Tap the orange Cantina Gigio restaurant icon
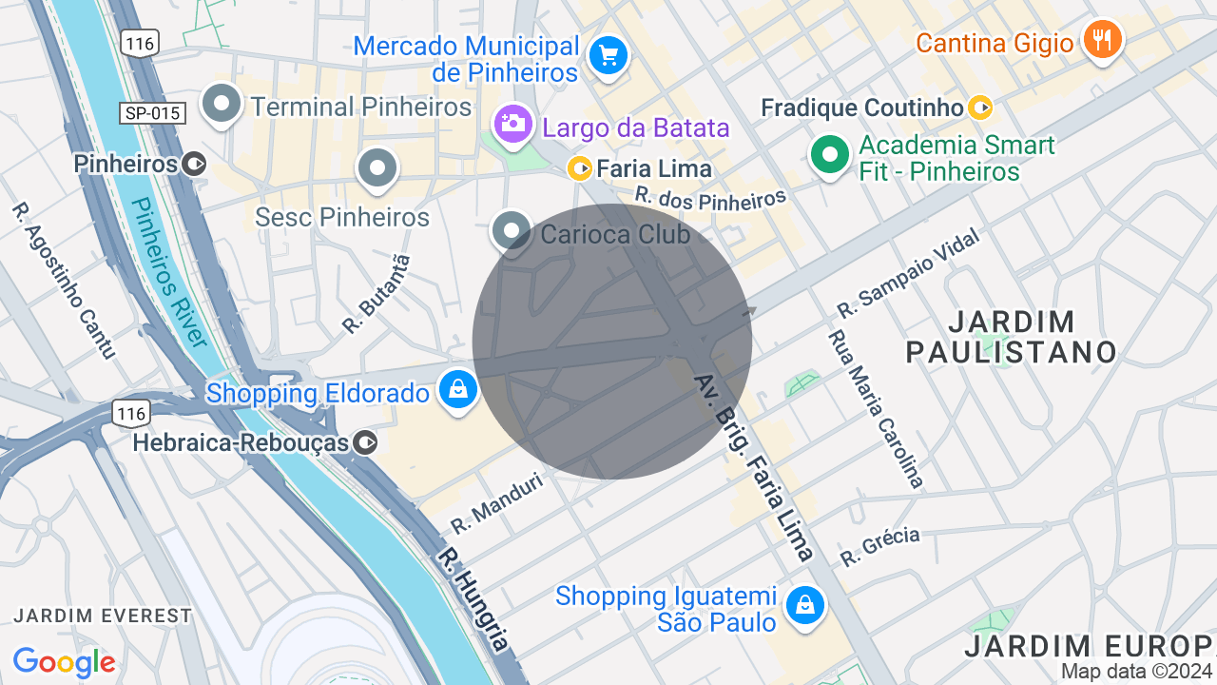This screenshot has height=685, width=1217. [x=1103, y=40]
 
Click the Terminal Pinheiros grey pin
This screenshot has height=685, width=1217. [x=222, y=104]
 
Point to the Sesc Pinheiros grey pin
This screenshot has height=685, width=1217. [x=377, y=168]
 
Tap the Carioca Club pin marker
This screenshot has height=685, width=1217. [x=512, y=230]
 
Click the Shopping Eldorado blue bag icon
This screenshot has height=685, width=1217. [x=458, y=390]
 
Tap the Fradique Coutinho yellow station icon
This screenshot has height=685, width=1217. [x=980, y=108]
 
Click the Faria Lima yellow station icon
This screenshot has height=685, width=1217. [x=580, y=169]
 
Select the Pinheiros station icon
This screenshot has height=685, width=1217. [x=194, y=164]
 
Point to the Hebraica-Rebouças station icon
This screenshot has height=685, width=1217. [x=365, y=442]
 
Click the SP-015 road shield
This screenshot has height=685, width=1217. [x=152, y=113]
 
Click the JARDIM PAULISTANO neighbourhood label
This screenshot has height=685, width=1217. [x=1011, y=337]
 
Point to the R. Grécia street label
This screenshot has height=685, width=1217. [x=880, y=547]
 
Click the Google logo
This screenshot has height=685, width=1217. [x=64, y=662]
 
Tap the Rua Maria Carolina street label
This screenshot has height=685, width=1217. [x=876, y=409]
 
